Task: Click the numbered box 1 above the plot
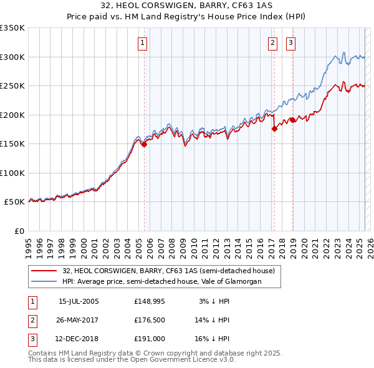point(143,43)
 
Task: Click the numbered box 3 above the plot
point(290,43)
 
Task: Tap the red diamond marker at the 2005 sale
point(144,144)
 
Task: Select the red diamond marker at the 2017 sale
point(274,129)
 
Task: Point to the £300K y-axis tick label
point(12,57)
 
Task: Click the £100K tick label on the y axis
point(12,173)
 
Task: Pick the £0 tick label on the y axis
point(19,231)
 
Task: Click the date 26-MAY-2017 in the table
point(78,320)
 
